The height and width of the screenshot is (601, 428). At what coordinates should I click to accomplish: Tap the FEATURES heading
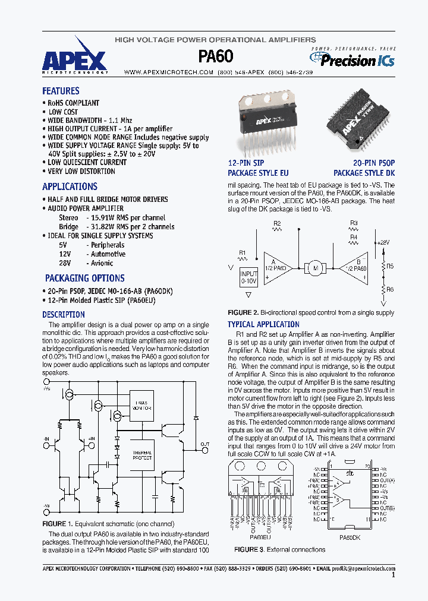[x=61, y=91]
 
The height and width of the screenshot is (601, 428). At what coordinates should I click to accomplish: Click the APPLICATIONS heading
[x=70, y=186]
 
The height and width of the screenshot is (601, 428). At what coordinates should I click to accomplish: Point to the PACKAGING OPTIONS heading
[x=84, y=278]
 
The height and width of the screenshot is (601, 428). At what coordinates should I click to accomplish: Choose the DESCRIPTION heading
[x=64, y=315]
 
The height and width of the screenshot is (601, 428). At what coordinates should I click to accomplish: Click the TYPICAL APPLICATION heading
[x=263, y=324]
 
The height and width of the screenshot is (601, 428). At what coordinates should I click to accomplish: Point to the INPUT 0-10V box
[x=248, y=277]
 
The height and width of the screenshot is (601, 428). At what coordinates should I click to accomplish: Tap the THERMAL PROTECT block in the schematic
[x=142, y=456]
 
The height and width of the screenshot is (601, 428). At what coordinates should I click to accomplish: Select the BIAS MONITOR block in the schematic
[x=142, y=406]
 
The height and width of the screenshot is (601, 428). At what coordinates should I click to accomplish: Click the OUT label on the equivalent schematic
[x=204, y=444]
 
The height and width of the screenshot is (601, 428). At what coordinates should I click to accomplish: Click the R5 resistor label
[x=391, y=267]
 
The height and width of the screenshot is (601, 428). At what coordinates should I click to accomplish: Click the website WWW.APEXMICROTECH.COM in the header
[x=168, y=72]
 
